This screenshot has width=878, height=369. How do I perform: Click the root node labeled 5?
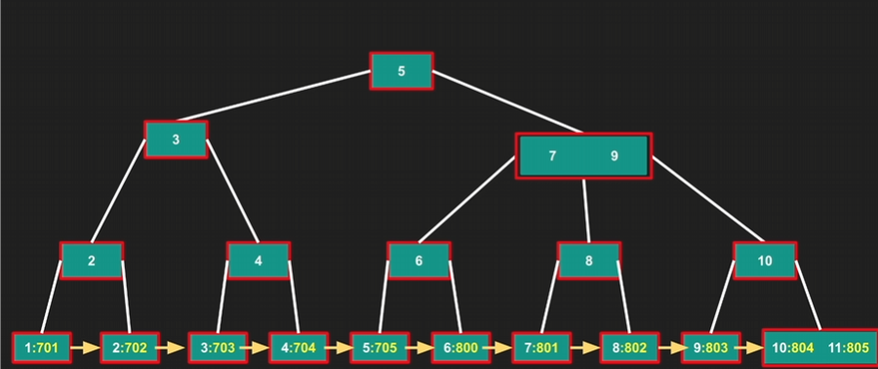pyautogui.click(x=402, y=71)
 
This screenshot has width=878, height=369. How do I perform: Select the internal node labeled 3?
pyautogui.click(x=176, y=140)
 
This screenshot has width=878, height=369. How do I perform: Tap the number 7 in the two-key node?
pyautogui.click(x=553, y=156)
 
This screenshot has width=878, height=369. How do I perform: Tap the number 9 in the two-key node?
pyautogui.click(x=615, y=156)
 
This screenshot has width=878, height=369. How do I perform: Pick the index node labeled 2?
pyautogui.click(x=92, y=261)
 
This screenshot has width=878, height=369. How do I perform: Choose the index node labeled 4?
pyautogui.click(x=259, y=261)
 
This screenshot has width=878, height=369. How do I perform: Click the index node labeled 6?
pyautogui.click(x=419, y=261)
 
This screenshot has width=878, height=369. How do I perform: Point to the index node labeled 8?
pyautogui.click(x=588, y=261)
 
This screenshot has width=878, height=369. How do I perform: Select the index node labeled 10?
pyautogui.click(x=765, y=261)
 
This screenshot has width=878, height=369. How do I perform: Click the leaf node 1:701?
pyautogui.click(x=42, y=348)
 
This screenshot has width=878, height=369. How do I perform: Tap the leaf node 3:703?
pyautogui.click(x=218, y=348)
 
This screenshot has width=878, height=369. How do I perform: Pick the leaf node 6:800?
pyautogui.click(x=461, y=348)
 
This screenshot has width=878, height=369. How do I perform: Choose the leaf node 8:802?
pyautogui.click(x=629, y=348)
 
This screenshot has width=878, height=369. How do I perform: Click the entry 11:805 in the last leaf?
pyautogui.click(x=849, y=348)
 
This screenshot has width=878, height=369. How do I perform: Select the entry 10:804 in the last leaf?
pyautogui.click(x=792, y=348)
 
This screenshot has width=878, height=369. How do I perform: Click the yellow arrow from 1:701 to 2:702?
pyautogui.click(x=86, y=348)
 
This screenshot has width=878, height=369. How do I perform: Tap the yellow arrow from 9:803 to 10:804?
pyautogui.click(x=751, y=348)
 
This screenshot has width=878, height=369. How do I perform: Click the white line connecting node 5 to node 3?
pyautogui.click(x=274, y=96)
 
